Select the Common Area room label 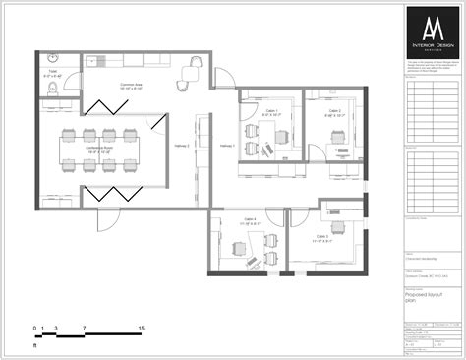tap(132, 88)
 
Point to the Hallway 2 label tap(182, 145)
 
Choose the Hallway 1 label tap(227, 145)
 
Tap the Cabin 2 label tap(335, 113)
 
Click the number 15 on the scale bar tap(143, 328)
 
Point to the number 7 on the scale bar tap(86, 328)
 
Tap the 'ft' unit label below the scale tap(35, 346)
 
